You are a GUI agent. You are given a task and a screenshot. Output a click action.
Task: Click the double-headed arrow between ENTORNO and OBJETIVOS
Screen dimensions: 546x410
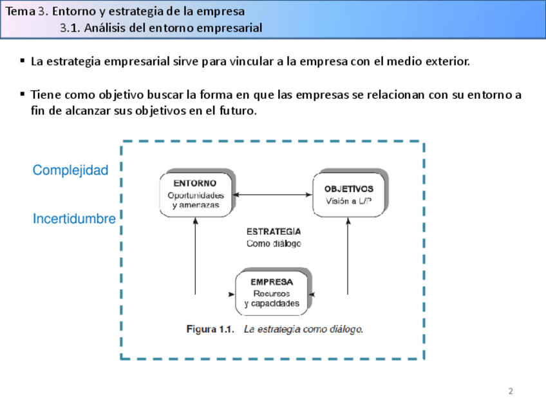click(273, 195)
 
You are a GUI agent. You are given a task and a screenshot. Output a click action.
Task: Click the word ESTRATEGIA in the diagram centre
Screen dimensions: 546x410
click(273, 231)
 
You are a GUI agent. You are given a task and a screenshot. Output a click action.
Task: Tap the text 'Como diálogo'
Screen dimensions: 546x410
click(273, 244)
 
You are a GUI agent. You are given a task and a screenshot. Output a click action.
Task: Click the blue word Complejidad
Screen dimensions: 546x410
click(70, 170)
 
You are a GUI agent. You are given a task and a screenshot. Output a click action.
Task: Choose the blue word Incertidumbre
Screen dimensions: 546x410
click(74, 219)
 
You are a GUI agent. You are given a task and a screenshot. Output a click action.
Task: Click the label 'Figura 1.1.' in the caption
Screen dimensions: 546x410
click(209, 329)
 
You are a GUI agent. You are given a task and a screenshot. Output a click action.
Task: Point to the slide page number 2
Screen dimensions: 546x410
click(511, 391)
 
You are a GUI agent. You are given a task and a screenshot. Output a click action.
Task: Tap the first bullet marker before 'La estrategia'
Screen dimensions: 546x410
click(23, 61)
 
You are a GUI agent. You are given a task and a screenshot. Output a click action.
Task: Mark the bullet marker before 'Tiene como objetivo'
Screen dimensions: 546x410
click(23, 94)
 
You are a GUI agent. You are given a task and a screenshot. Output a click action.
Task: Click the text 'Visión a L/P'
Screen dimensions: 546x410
click(348, 201)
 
